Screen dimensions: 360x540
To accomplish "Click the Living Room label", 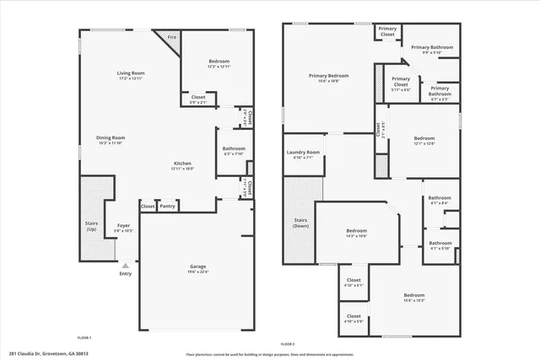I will point(131,73).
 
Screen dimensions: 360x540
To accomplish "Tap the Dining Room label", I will point(111,137).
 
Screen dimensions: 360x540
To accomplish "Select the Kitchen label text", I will point(182,163).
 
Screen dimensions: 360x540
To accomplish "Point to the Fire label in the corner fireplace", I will point(171,37).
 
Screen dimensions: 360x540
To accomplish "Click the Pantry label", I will point(168,206).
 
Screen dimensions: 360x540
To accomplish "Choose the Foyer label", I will point(123,225).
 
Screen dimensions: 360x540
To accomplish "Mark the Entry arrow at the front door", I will point(125,266).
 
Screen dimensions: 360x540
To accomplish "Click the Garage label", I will point(197,266).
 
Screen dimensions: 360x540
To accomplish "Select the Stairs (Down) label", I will point(300,223).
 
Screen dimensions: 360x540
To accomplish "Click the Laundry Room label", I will point(303,153).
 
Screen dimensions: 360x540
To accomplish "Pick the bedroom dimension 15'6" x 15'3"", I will point(413,300).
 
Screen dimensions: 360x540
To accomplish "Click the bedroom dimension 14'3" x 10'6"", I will point(356,236).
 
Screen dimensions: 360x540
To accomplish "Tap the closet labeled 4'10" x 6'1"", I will point(354,285).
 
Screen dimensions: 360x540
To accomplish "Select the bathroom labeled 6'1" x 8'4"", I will point(440,203).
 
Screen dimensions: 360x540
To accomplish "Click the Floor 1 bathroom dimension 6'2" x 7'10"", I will point(234,154).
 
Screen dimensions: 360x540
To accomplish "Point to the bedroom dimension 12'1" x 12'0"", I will point(424,143).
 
